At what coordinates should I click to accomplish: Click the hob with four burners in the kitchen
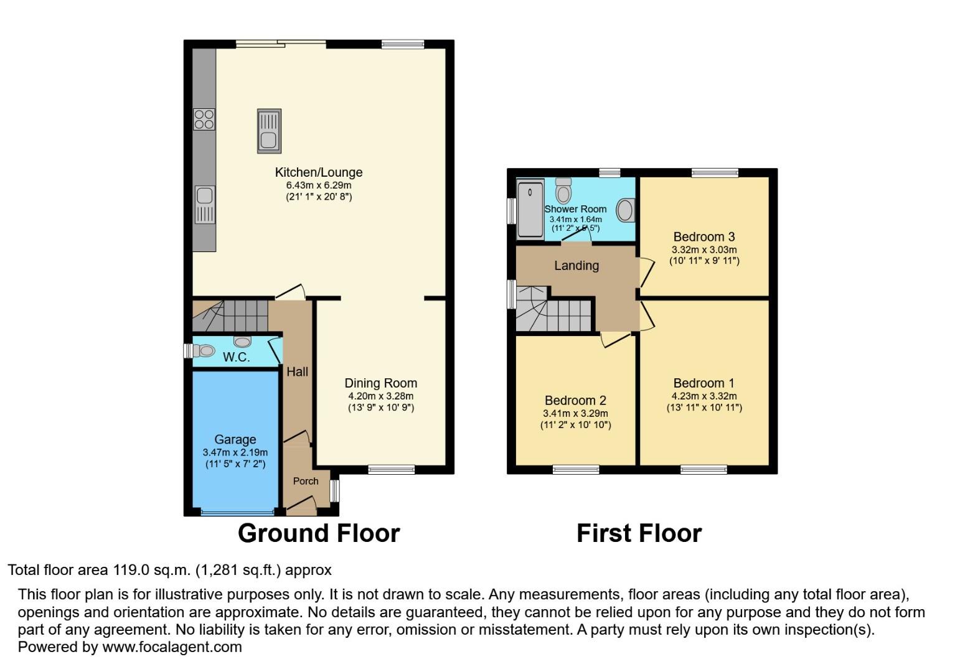(204, 119)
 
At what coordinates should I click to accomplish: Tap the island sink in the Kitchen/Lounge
(269, 131)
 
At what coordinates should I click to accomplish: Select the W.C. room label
(236, 357)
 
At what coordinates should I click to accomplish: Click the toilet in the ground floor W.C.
(204, 351)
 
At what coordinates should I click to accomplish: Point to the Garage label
(235, 439)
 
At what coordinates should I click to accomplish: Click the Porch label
(306, 481)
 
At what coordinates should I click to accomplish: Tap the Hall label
(297, 371)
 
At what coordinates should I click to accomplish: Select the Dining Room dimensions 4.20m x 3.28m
(380, 396)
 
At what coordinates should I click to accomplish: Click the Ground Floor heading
(318, 533)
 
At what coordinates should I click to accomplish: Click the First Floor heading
(639, 533)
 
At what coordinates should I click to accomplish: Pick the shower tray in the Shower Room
(530, 208)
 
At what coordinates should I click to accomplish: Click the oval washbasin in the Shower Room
(624, 210)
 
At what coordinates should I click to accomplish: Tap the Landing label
(576, 266)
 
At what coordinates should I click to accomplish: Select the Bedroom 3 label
(704, 236)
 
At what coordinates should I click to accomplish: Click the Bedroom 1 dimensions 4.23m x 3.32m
(704, 396)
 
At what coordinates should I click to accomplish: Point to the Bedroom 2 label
(575, 400)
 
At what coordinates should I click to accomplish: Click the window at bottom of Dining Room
(391, 469)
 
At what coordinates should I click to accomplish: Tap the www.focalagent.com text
(172, 647)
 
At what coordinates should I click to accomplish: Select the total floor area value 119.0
(131, 570)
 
